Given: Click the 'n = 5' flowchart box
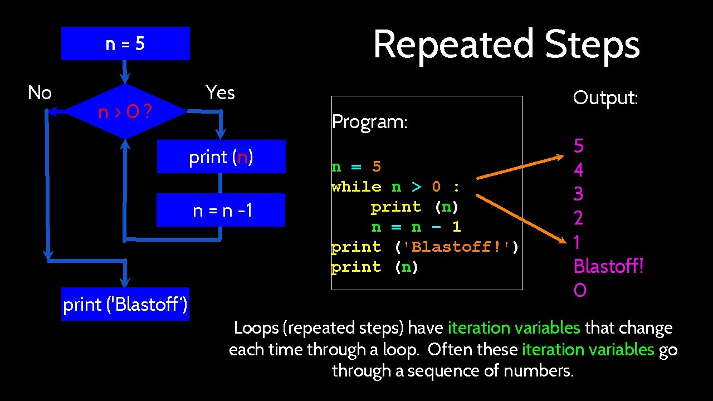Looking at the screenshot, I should tap(125, 43).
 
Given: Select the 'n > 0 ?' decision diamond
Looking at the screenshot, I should tap(125, 112).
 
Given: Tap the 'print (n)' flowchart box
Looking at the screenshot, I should tap(221, 157).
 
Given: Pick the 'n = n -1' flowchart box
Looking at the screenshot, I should tap(221, 210).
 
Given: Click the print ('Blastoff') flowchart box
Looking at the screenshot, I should tap(125, 304).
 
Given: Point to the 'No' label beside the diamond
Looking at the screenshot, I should tap(40, 92).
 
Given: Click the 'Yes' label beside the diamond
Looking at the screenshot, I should tap(220, 92).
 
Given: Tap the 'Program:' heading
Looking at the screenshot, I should tap(369, 122).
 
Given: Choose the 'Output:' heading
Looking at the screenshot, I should tap(605, 98).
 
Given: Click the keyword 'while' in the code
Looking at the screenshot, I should tap(356, 187).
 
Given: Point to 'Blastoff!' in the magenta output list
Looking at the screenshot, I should tap(608, 266).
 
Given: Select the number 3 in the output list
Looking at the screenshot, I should tap(579, 194).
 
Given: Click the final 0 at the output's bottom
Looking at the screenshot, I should tap(580, 290).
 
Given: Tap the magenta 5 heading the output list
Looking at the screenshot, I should tap(579, 146).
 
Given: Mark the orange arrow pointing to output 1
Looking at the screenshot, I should tap(521, 218).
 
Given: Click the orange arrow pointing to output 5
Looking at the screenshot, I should tap(521, 169).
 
